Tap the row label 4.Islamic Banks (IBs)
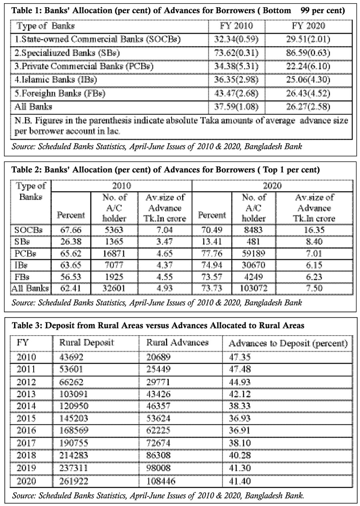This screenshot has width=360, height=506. (x=56, y=80)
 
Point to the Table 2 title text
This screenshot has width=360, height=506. (x=166, y=170)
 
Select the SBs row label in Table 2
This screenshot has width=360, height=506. (x=24, y=242)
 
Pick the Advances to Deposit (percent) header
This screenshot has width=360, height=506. (x=288, y=343)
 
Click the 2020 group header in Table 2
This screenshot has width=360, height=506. (x=272, y=186)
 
